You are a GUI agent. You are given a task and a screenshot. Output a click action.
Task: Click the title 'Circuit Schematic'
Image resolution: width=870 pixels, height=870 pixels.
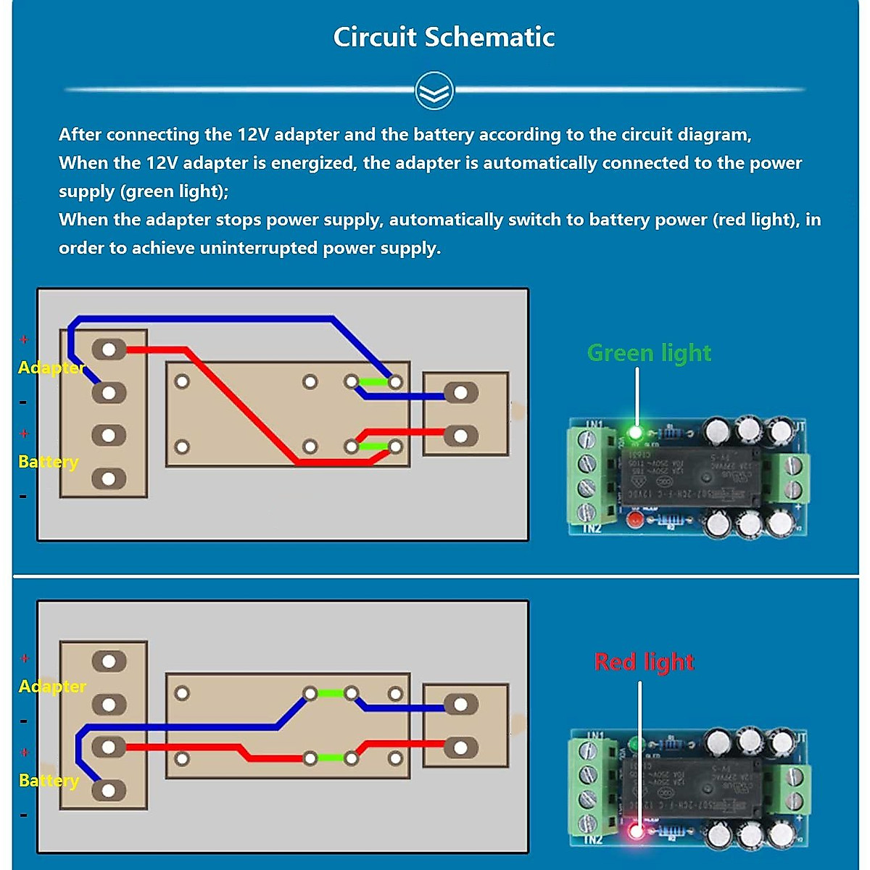point(444,37)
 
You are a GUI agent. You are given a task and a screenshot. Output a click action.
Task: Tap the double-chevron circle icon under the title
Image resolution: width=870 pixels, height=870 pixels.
point(434,91)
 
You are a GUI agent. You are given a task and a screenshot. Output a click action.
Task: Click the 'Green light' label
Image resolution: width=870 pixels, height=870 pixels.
point(649,353)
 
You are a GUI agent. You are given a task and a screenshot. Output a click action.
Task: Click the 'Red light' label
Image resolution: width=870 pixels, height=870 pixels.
point(644,662)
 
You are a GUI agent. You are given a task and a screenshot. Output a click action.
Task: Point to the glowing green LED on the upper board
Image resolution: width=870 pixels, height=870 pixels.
point(636,433)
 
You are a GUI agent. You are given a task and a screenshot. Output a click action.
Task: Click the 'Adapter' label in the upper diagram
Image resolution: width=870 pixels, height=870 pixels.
point(51,368)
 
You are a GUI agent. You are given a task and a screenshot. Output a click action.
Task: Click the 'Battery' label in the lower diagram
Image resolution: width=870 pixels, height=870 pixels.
point(49,781)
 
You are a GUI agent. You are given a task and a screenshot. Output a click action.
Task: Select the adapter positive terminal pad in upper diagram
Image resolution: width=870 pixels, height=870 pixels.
point(109,349)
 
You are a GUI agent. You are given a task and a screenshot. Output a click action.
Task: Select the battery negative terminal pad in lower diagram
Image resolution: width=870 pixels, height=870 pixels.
point(109,790)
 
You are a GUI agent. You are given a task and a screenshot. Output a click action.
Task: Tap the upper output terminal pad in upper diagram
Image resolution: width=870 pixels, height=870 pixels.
point(460,393)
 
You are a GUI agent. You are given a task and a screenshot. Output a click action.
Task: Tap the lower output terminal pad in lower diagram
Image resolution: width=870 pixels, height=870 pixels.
point(460,747)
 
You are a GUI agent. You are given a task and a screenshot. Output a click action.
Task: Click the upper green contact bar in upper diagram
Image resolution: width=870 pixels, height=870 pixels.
point(373,381)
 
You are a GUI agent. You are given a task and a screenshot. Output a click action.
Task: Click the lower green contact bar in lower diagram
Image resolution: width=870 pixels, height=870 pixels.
point(331,758)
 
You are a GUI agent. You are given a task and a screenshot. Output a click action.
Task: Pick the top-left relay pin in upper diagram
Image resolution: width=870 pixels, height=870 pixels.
point(182,381)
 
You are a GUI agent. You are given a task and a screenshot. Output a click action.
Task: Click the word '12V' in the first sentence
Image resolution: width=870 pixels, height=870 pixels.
point(253,135)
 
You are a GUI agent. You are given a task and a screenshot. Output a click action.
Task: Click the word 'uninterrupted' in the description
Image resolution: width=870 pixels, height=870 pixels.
point(259,248)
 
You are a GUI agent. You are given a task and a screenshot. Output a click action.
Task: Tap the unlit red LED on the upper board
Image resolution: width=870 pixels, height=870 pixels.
point(635,519)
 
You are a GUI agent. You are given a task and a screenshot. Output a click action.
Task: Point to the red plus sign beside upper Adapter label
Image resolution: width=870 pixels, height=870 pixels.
point(24,339)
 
